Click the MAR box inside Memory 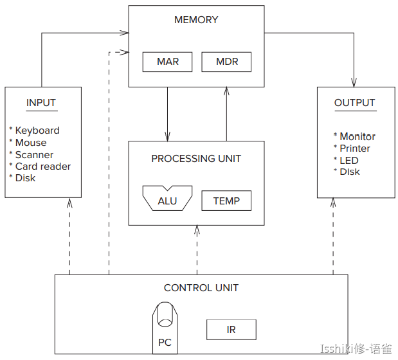click(x=168, y=62)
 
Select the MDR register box click(x=226, y=62)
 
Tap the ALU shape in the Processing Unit click(x=167, y=199)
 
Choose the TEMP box click(x=226, y=201)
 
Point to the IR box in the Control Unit click(x=231, y=330)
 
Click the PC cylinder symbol click(x=165, y=327)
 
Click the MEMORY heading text click(x=196, y=20)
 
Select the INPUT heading click(x=41, y=102)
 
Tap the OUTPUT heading click(x=354, y=102)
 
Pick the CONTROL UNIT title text click(x=201, y=287)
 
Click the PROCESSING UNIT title click(x=196, y=158)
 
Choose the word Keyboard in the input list click(x=37, y=130)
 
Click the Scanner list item click(x=34, y=154)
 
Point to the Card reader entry click(x=43, y=166)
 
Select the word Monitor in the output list click(x=357, y=136)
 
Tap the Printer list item click(x=355, y=148)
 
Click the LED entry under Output click(x=349, y=160)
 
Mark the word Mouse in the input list click(x=31, y=143)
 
